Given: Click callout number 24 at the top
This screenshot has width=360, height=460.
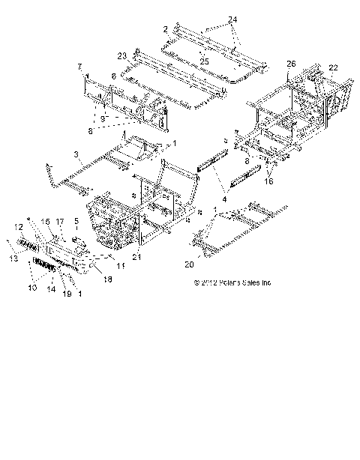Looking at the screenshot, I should coord(232,18).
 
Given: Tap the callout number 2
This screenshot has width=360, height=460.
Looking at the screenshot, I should coord(164,28).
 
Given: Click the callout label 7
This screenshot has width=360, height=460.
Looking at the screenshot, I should coord(80,67).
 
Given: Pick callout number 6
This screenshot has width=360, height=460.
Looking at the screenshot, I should coord(112,76).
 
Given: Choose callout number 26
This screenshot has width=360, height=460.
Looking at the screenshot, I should coord(290,64).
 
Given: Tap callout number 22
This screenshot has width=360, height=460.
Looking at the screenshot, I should coord(332,67).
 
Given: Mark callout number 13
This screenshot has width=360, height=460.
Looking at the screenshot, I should coord(10,258).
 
